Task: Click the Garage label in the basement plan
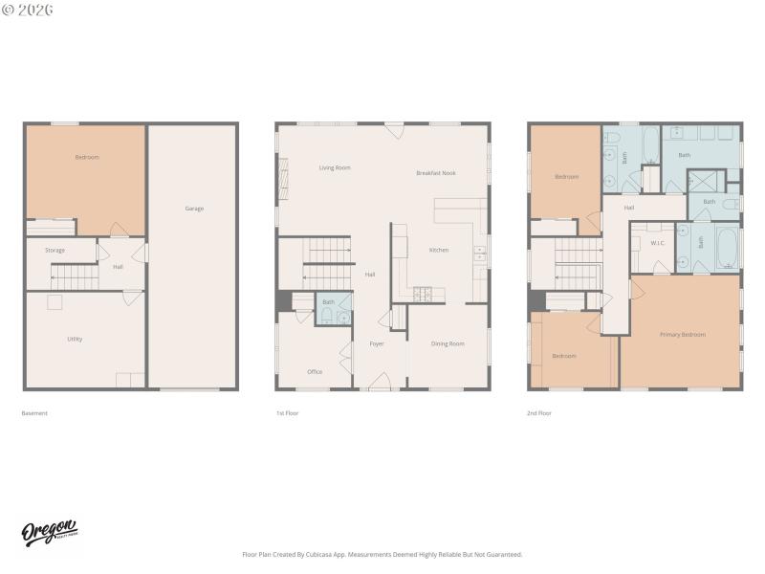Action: (194, 209)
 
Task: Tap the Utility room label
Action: (75, 339)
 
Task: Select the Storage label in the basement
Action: (55, 251)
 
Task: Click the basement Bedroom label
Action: (87, 157)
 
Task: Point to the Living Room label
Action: (335, 167)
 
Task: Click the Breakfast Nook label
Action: (435, 173)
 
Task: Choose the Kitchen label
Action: (438, 250)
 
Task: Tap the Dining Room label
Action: (448, 343)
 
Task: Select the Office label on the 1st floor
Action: (315, 371)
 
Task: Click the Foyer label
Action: (377, 343)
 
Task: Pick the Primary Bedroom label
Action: (683, 334)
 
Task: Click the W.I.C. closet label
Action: (658, 243)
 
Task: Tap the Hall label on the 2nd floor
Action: (629, 208)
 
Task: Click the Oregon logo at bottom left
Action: (50, 533)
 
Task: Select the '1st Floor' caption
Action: (287, 413)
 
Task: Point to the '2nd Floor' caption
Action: (539, 413)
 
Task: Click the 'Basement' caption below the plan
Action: (34, 413)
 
